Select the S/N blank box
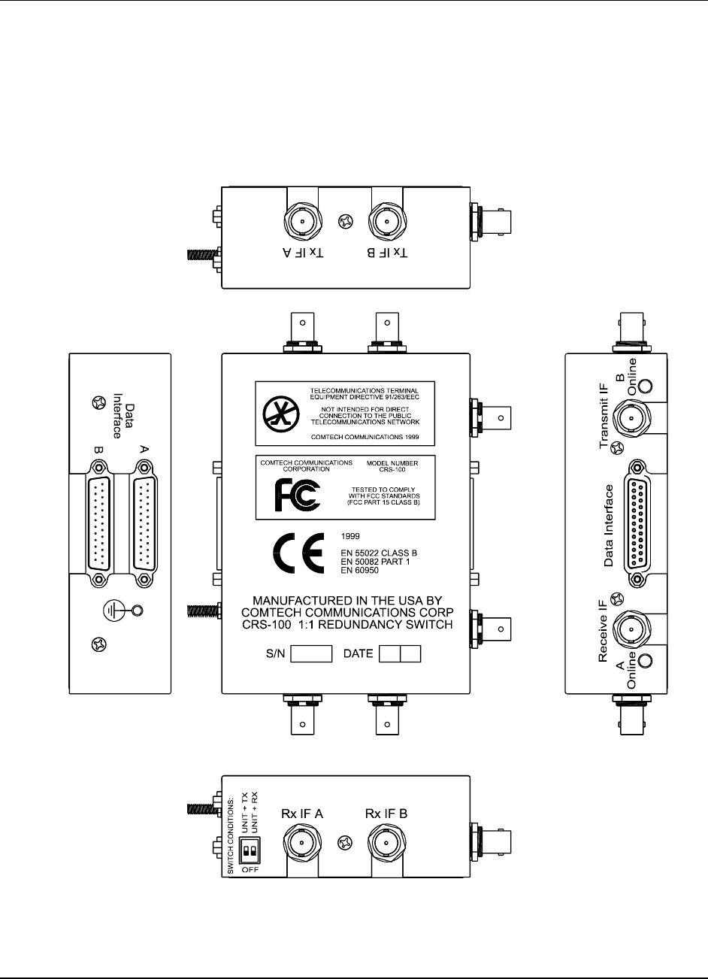click(311, 653)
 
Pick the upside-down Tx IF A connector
click(301, 222)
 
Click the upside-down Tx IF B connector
click(386, 222)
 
